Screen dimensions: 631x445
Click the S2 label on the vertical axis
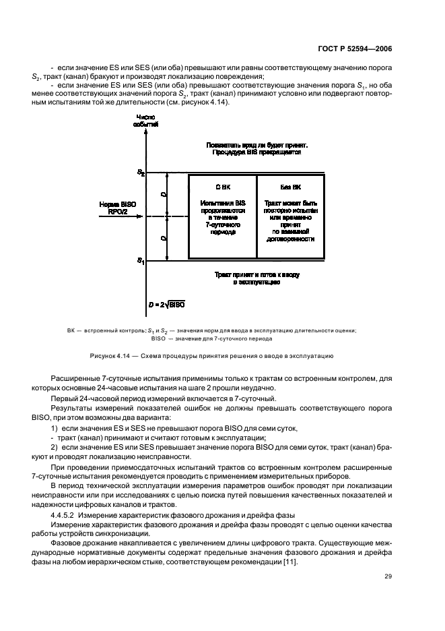[140, 173]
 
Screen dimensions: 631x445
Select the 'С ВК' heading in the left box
[222, 186]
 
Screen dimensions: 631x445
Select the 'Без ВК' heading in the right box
[290, 186]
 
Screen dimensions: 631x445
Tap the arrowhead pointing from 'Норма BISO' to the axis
[140, 216]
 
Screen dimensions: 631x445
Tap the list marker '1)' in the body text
[56, 429]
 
